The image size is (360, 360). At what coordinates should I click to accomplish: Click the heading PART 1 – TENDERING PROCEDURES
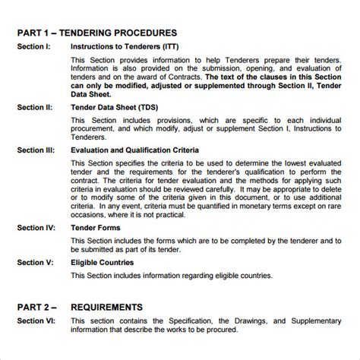click(x=96, y=33)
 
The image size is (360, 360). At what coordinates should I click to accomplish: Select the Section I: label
click(x=33, y=46)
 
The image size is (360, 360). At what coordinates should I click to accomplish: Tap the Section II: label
click(x=34, y=107)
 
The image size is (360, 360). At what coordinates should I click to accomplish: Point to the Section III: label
click(x=36, y=150)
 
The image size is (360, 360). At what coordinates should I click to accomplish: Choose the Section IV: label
click(x=36, y=227)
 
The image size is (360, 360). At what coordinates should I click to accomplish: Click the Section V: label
click(x=34, y=263)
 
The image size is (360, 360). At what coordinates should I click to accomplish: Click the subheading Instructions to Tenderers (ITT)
click(x=120, y=46)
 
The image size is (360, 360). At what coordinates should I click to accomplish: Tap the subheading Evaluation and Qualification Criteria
click(x=134, y=150)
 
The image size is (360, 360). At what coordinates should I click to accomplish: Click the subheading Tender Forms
click(x=95, y=227)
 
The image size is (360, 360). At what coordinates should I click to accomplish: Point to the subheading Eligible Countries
click(x=103, y=263)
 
